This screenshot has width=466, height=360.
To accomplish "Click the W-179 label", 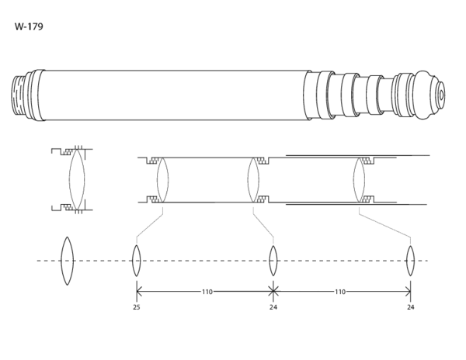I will pos(29,27).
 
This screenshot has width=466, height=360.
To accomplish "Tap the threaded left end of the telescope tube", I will pos(20,95).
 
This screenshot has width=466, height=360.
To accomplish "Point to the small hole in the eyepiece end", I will pos(441,95).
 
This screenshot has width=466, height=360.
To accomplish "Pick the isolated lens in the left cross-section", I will pos(76,179).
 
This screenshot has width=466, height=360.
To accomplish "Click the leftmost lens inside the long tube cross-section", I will pos(162,180).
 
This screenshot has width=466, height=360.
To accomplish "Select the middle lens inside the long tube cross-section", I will pos(252,180).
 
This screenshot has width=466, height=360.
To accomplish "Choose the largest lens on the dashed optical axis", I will pos(67,261).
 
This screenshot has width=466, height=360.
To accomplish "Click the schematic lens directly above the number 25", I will pos(137,261).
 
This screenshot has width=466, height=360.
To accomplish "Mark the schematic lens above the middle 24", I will pos(273,261).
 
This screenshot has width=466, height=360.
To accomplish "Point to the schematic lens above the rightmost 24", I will pos(410,261).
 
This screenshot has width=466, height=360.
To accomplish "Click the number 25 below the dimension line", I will pos(137,307).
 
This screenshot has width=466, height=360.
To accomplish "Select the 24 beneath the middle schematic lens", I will pos(273,307).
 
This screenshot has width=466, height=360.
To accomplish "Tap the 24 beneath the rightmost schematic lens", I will pos(410,307).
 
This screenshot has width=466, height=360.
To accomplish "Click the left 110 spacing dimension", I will pos(207,292).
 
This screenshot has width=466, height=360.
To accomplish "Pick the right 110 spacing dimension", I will pos(339,292).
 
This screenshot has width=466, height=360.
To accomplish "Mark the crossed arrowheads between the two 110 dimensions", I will pos(273,292).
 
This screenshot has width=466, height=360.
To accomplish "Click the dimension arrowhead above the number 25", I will pos(138,292).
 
